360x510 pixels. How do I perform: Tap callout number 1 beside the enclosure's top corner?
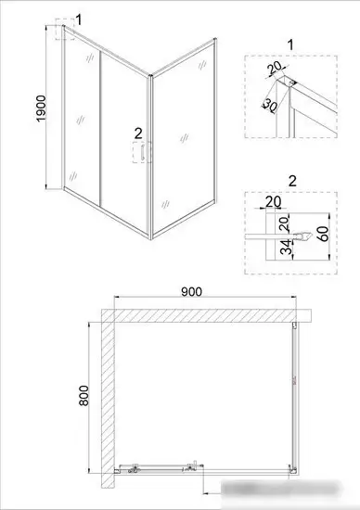(x=79, y=19)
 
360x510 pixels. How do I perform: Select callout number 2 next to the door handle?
(x=138, y=133)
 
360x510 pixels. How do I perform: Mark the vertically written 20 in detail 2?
(x=288, y=222)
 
